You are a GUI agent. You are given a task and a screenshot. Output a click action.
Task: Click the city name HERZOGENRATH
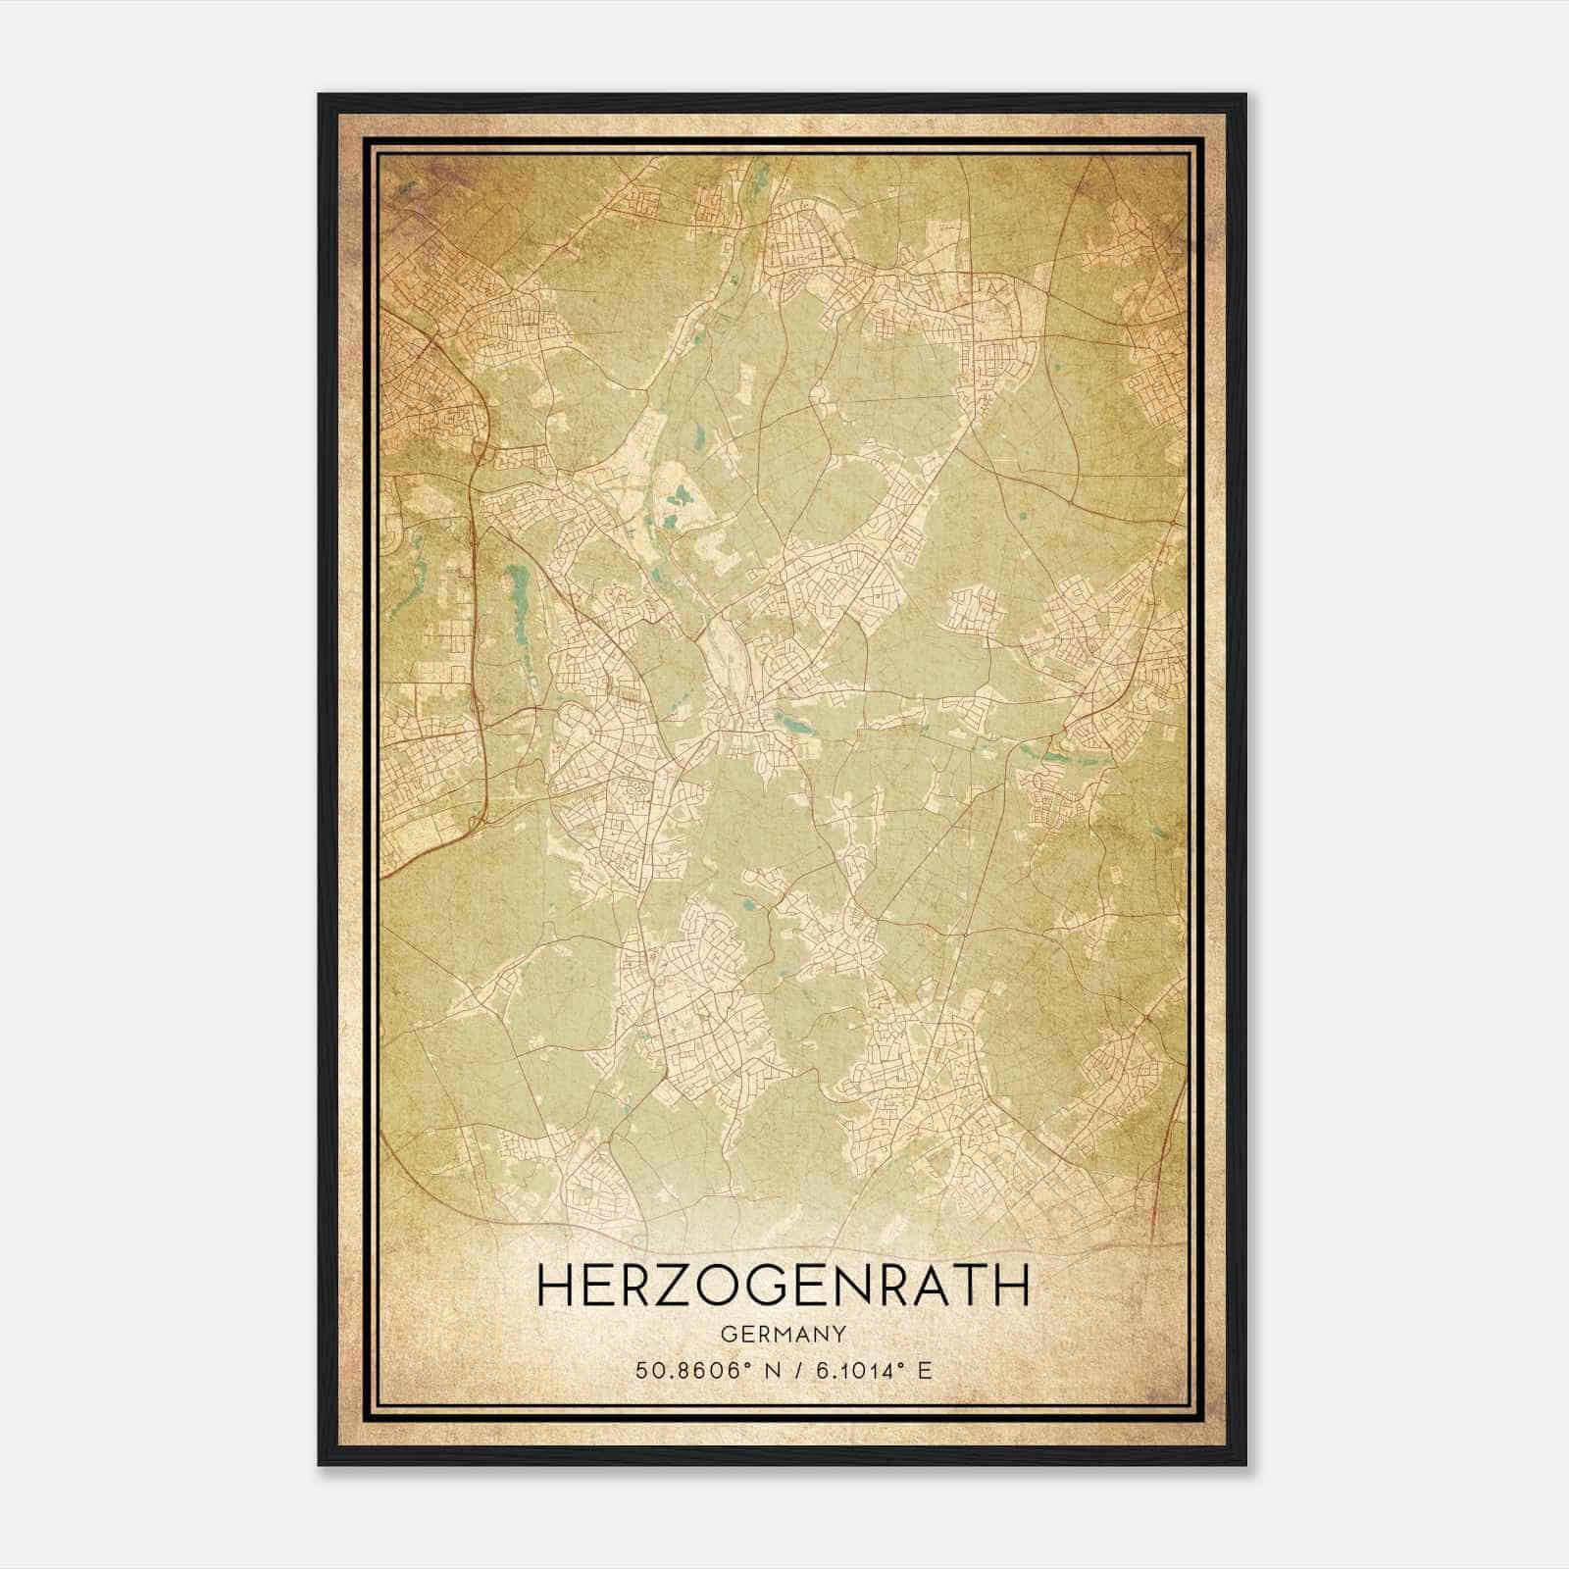(x=784, y=1285)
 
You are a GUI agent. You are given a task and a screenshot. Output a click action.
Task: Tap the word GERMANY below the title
(x=784, y=1335)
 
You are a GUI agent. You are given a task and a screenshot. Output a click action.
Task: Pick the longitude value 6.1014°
(x=858, y=1370)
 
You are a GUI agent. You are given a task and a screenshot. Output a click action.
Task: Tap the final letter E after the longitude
(x=924, y=1370)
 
